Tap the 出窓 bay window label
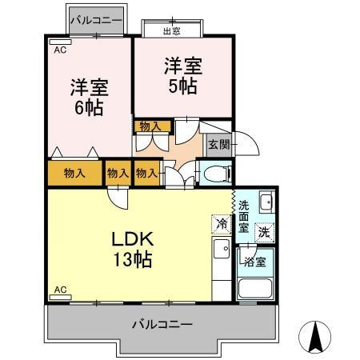pos(171,31)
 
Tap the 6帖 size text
pos(89,107)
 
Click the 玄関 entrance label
pos(219,145)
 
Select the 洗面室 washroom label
pos(244,215)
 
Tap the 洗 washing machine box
pos(263,232)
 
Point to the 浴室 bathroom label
pos(255,262)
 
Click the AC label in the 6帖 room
pos(59,49)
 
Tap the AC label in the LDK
pos(59,289)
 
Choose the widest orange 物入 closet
pos(74,173)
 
